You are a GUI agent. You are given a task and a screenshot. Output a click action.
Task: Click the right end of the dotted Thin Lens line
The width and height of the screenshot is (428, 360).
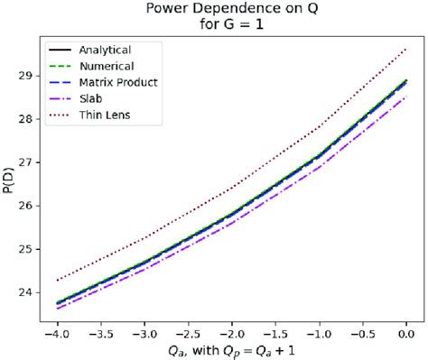407,49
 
